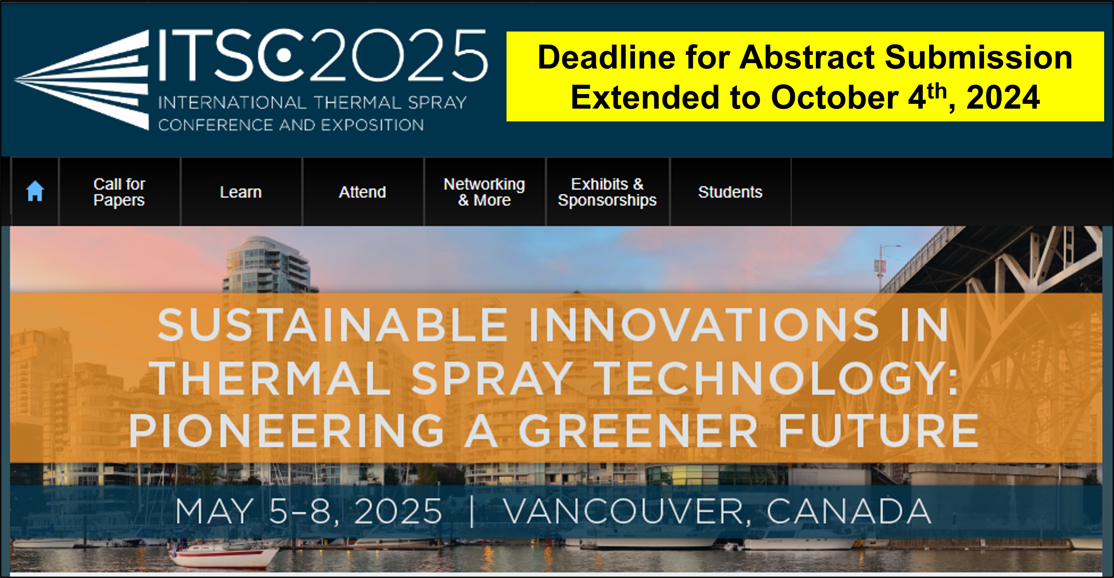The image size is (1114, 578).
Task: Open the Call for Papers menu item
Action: [119, 192]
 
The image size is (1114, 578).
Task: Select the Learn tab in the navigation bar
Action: [241, 192]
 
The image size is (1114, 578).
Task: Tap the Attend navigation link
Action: [362, 192]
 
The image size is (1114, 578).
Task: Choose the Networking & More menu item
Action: [484, 192]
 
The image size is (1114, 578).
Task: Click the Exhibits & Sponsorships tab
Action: [607, 192]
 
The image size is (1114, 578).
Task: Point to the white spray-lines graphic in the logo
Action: [82, 80]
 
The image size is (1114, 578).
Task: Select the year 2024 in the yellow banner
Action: [1003, 97]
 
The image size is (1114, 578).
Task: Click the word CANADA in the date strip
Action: [848, 511]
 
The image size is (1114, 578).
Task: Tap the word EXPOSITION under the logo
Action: [372, 125]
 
